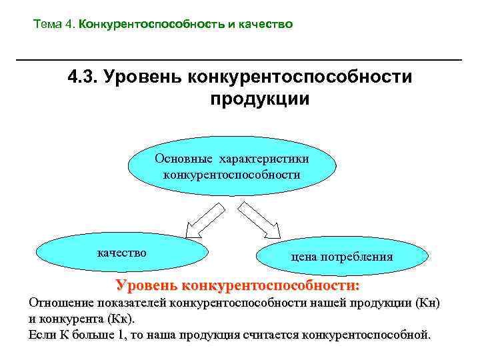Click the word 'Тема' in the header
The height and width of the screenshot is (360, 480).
[47, 25]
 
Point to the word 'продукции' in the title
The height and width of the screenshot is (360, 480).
[260, 99]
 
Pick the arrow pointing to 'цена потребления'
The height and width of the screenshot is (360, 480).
[261, 220]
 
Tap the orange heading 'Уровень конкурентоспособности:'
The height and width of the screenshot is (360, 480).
[237, 286]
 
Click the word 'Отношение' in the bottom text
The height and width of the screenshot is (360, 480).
[58, 303]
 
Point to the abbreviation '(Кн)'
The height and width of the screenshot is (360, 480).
[427, 303]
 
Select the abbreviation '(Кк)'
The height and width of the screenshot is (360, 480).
[120, 318]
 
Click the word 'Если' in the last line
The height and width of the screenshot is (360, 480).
[41, 334]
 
